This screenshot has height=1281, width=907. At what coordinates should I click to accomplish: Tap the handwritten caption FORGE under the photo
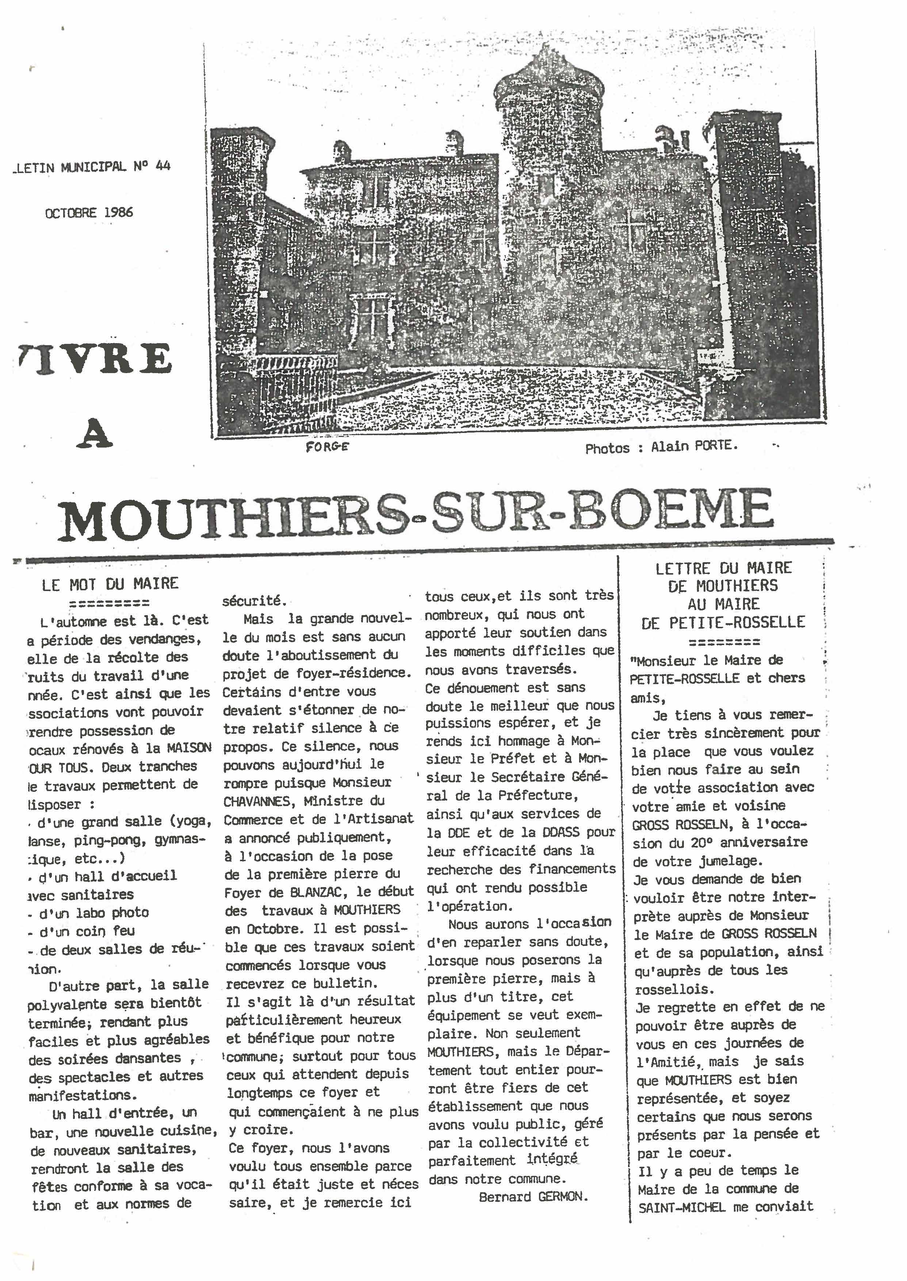click(327, 447)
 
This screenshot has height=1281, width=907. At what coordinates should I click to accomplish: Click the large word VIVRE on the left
click(92, 359)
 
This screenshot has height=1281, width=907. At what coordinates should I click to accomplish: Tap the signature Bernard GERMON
click(533, 1196)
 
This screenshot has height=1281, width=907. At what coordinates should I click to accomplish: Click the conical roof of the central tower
click(548, 78)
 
